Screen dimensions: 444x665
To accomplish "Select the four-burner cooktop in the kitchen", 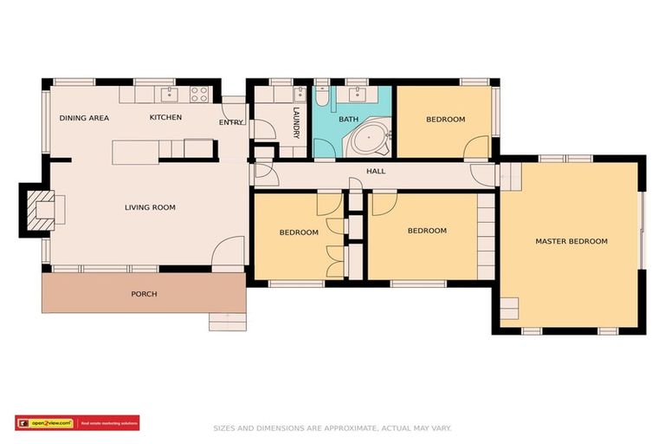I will tap(199, 94).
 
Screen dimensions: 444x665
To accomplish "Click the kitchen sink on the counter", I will tap(171, 94).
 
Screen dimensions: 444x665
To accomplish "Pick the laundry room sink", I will tap(300, 93).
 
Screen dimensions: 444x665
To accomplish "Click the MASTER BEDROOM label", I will tap(571, 241).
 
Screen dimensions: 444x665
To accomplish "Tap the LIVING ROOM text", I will tap(150, 207).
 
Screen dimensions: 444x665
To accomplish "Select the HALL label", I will tap(376, 171).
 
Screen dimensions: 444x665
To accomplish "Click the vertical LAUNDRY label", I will tap(296, 123).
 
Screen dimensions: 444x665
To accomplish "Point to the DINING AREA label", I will tap(84, 118).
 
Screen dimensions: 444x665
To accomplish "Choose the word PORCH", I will tap(144, 294).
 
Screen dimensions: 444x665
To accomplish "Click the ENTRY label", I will tap(231, 122).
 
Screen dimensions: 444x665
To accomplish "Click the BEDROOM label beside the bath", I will tap(445, 120).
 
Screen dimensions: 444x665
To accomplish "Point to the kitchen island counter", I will tap(136, 152).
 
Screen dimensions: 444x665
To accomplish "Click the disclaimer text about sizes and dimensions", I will tap(332, 428).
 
